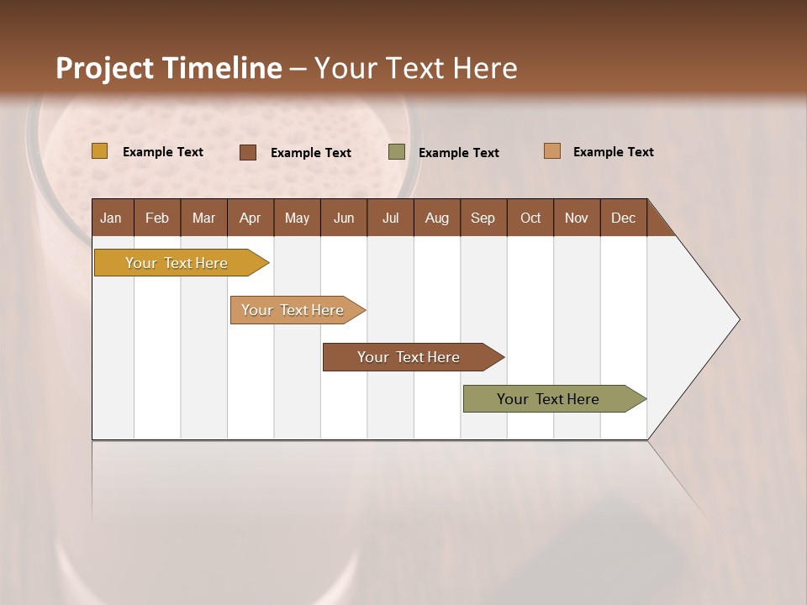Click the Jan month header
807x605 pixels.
click(112, 218)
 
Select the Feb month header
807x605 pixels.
click(157, 218)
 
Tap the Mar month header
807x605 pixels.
click(203, 218)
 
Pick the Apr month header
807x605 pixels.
click(250, 218)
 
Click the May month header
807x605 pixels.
click(297, 218)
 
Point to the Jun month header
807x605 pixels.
click(344, 218)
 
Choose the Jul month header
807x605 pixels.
click(390, 218)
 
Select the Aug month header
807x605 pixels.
click(436, 218)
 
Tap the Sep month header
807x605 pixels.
click(483, 218)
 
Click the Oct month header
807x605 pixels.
click(530, 218)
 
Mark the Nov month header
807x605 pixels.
click(577, 218)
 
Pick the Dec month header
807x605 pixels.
click(623, 218)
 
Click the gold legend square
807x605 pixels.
click(100, 151)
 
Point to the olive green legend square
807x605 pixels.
click(397, 152)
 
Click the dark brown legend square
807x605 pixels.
click(248, 152)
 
